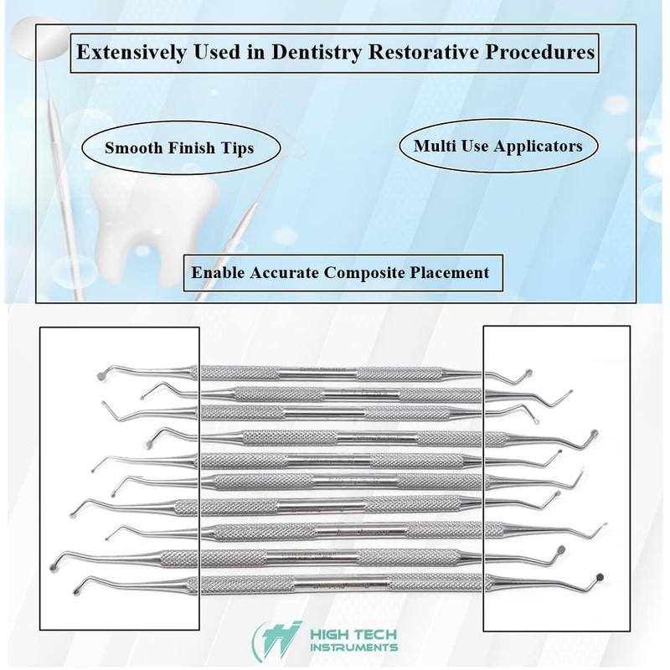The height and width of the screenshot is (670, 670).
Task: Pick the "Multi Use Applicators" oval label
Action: pyautogui.click(x=498, y=145)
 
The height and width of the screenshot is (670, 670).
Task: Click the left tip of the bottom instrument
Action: pyautogui.click(x=78, y=584)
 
